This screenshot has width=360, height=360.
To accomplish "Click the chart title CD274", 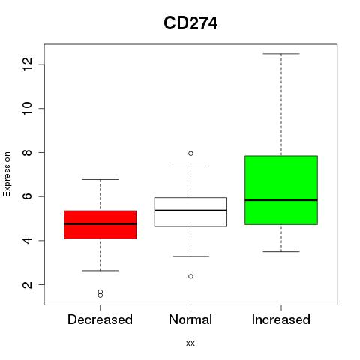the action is pyautogui.click(x=190, y=23).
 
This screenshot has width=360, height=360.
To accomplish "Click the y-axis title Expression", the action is pyautogui.click(x=7, y=174).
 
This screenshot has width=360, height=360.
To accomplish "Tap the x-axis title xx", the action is pyautogui.click(x=190, y=343).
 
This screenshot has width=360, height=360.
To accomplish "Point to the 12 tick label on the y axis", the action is pyautogui.click(x=28, y=64).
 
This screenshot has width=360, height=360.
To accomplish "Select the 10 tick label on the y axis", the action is pyautogui.click(x=28, y=108).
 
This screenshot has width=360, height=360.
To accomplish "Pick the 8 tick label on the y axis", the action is pyautogui.click(x=28, y=152).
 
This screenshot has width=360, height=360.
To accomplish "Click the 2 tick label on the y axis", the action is pyautogui.click(x=28, y=285).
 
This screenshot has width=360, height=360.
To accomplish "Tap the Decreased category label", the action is pyautogui.click(x=100, y=319).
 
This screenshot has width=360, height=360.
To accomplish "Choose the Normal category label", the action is pyautogui.click(x=190, y=319).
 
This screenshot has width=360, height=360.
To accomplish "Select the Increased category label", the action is pyautogui.click(x=281, y=319).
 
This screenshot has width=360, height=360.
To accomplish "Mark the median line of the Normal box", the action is pyautogui.click(x=190, y=211).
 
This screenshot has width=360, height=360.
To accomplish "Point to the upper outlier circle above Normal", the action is pyautogui.click(x=190, y=154).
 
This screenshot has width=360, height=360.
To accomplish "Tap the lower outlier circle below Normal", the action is pyautogui.click(x=190, y=276).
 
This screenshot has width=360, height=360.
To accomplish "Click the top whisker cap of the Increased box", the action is pyautogui.click(x=281, y=54).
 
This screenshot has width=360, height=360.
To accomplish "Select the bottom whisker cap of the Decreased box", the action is pyautogui.click(x=100, y=271).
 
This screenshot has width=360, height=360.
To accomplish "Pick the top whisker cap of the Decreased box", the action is pyautogui.click(x=100, y=179).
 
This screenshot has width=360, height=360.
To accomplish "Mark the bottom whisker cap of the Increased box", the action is pyautogui.click(x=281, y=251).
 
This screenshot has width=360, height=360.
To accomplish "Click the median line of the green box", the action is pyautogui.click(x=281, y=200).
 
